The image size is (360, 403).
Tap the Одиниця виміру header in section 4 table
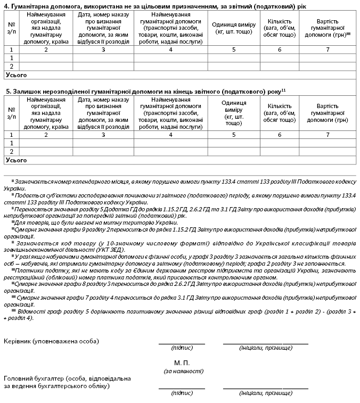coord(233,28)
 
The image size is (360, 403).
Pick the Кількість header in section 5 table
coord(280,113)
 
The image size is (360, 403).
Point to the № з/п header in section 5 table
coord(12,113)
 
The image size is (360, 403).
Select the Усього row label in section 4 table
coord(15,75)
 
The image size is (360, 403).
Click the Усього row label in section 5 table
coord(15,160)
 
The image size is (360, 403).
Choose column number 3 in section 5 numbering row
coord(103,135)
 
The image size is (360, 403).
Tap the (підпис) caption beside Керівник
coord(182,348)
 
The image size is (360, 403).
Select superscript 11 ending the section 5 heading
coord(284,90)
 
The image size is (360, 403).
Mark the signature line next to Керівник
coord(182,343)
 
